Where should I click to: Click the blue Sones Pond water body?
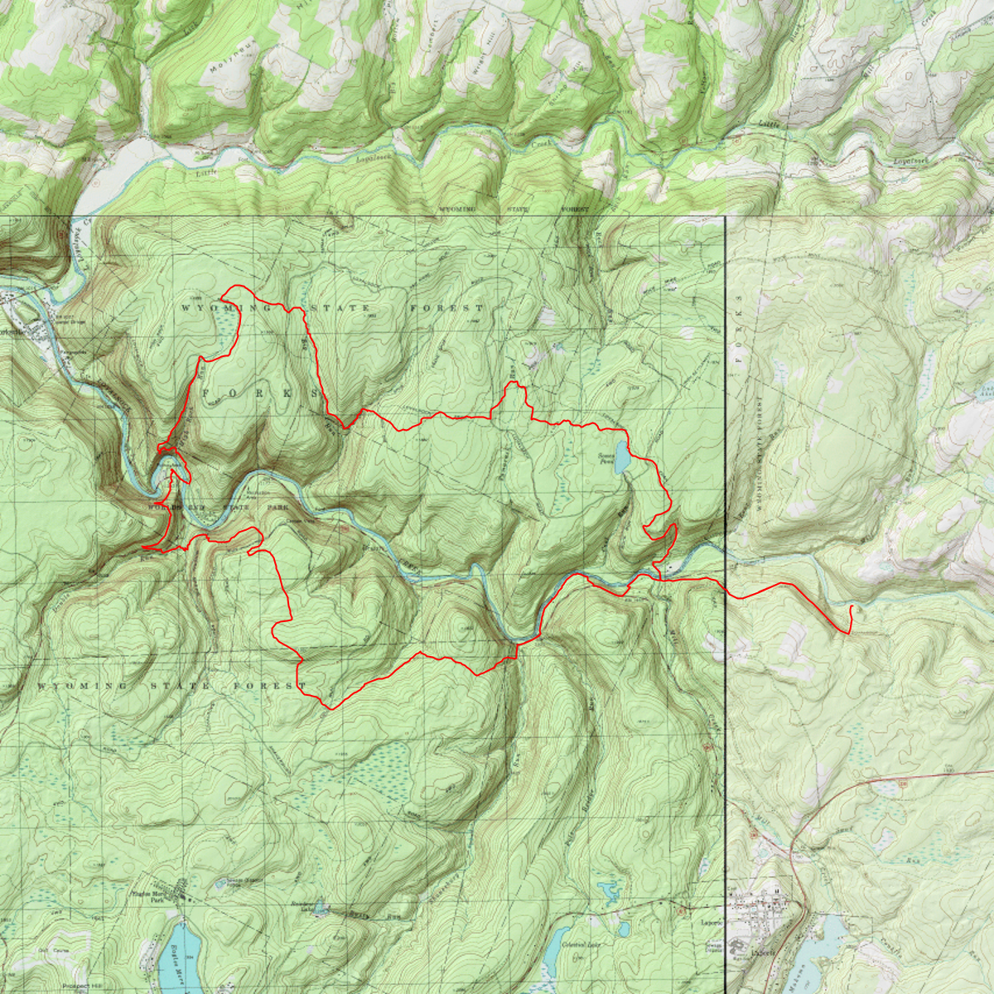tap(621, 455)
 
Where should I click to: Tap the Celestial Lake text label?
tap(580, 945)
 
